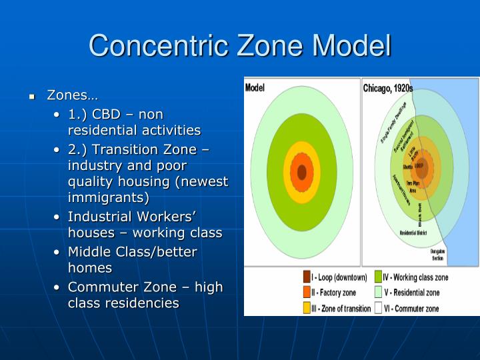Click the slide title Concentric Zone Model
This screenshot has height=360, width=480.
click(x=239, y=45)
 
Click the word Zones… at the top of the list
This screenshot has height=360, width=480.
click(x=72, y=95)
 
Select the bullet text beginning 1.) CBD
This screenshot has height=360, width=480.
click(x=134, y=122)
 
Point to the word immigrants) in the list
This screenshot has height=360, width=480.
click(x=108, y=197)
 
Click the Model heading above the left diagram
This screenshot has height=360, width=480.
click(x=255, y=87)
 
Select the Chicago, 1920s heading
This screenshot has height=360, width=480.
click(x=387, y=88)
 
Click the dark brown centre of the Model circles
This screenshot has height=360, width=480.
click(x=301, y=172)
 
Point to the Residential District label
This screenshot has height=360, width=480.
click(x=413, y=233)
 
